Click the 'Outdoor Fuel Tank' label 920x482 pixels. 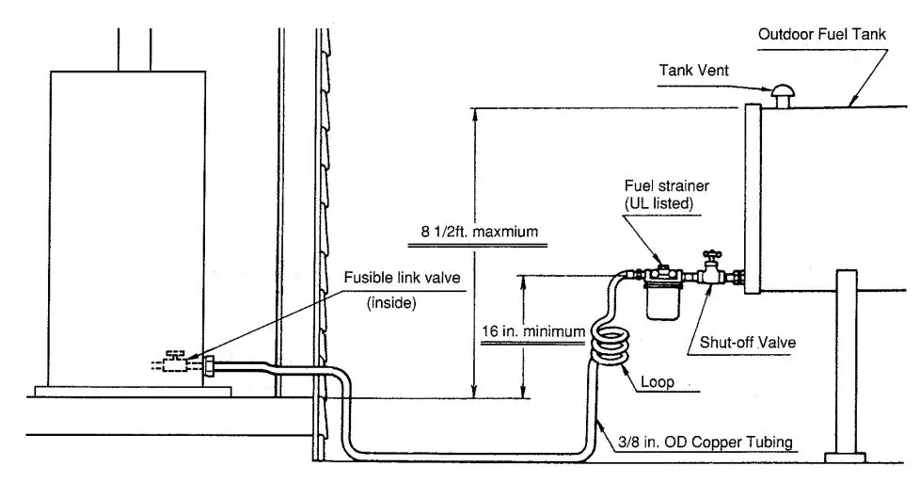click(x=822, y=35)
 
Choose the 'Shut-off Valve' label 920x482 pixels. click(x=747, y=342)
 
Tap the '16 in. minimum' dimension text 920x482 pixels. click(x=532, y=331)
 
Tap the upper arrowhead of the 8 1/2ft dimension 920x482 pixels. click(x=477, y=112)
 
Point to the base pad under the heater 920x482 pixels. click(x=132, y=390)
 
